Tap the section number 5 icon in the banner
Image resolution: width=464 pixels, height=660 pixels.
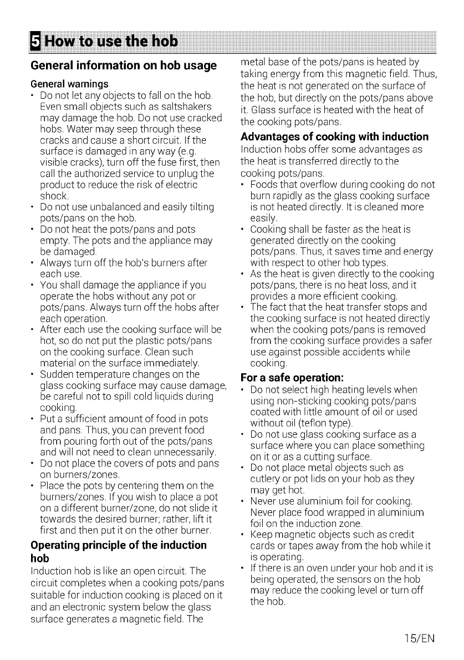(36, 41)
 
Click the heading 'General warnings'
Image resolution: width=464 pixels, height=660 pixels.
(69, 84)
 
